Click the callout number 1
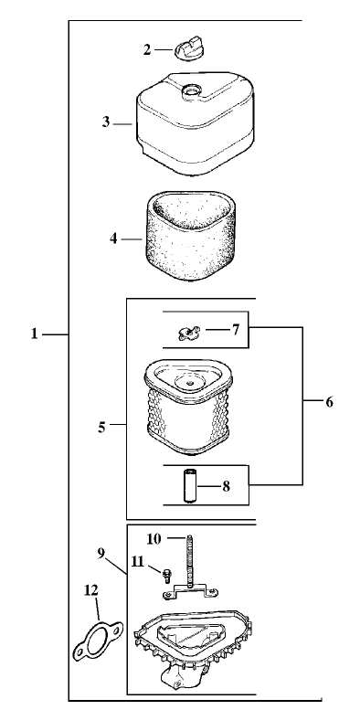coord(34,334)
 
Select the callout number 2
coord(147,49)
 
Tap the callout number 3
coord(106,121)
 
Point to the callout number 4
coord(114,238)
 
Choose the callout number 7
coord(235,328)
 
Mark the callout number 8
coord(226,485)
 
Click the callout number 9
coord(101,552)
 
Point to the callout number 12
coord(91,590)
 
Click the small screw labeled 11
coord(166,576)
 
